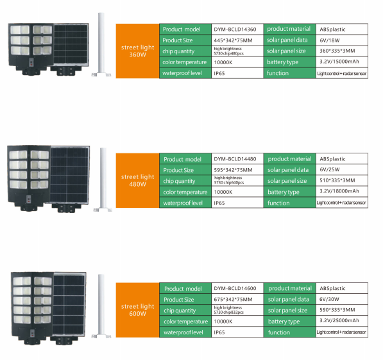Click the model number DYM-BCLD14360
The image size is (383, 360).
point(235,30)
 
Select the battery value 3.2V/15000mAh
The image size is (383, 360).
point(339,62)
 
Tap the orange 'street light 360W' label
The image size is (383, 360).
point(137,51)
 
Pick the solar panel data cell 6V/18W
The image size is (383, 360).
point(330,40)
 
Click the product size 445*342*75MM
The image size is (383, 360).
point(233,40)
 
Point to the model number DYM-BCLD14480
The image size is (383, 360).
point(235,159)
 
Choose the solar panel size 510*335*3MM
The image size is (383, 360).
point(337,180)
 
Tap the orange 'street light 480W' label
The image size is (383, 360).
point(137,180)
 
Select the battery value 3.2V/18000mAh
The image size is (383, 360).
point(339,191)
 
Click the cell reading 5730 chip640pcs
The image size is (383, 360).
point(229,182)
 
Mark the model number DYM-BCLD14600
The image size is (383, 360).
point(235,288)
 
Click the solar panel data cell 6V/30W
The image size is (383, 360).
point(329,299)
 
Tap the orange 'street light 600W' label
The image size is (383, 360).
point(137,310)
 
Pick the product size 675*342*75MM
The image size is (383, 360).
point(233,300)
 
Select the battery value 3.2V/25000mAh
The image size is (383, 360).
point(339,320)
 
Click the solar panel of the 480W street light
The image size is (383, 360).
point(70,175)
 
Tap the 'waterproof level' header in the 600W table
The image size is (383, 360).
point(183,332)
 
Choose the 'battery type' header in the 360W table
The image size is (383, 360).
point(283,62)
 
